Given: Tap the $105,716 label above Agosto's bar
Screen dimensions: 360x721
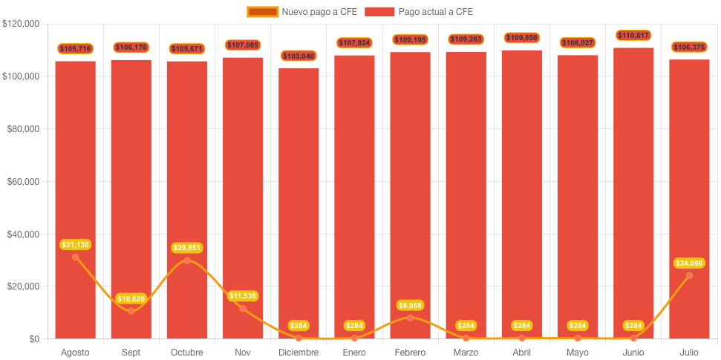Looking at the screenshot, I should point(75,48).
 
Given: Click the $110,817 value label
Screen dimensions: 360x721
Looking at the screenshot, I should point(633,35).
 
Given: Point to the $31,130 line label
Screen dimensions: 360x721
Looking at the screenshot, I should point(75,244).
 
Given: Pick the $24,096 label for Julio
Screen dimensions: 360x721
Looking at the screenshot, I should point(689,263).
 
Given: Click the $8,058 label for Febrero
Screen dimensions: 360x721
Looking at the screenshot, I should point(410,305).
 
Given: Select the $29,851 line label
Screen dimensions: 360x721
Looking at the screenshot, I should point(187,247).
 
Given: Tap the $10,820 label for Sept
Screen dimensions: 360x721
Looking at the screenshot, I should point(131,298).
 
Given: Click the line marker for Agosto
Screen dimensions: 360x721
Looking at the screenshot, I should point(75,257).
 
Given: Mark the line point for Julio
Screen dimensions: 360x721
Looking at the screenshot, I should point(689,275).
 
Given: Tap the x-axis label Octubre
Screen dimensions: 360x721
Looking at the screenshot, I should point(187,352).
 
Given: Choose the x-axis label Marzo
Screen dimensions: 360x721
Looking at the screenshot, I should point(466,352).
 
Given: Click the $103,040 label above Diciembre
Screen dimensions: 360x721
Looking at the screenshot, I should point(298,56).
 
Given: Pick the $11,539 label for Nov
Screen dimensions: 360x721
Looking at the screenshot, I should point(243,296).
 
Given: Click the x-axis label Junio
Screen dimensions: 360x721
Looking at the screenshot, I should point(633,352).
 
